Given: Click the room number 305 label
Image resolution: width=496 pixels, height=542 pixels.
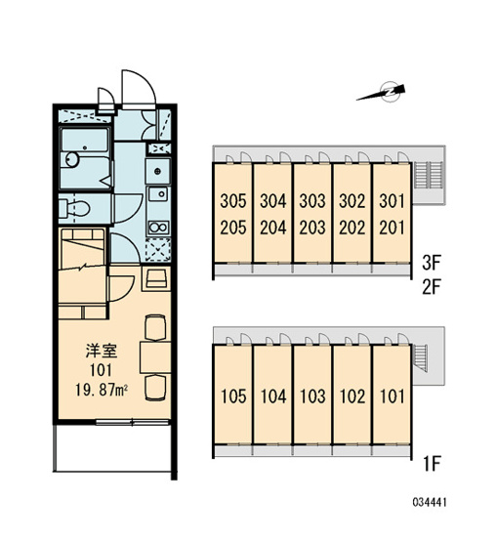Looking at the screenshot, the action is (x=233, y=201).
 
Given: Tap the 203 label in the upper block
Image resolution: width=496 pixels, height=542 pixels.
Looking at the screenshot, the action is (x=312, y=228).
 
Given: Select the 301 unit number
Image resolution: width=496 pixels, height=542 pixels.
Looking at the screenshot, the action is (x=392, y=201).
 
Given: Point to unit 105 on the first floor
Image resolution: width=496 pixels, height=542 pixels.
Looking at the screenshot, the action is (x=233, y=396).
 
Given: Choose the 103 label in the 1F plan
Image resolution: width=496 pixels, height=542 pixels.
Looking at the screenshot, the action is (x=312, y=396).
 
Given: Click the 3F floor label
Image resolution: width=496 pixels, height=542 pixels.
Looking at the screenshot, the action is (x=432, y=263).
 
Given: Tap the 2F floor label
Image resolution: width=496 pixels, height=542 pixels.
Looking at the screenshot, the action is (x=432, y=287).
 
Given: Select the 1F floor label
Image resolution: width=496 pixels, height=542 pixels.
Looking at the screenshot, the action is (x=433, y=464).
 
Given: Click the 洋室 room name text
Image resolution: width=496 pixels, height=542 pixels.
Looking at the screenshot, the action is (x=102, y=351).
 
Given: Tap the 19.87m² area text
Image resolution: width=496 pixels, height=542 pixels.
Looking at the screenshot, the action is (x=102, y=391).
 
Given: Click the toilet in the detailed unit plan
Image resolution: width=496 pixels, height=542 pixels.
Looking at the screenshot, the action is (x=74, y=208).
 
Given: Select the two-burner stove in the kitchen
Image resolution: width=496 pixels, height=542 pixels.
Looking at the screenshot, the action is (x=158, y=228).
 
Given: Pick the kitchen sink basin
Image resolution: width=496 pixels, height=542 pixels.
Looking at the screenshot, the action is (x=158, y=194).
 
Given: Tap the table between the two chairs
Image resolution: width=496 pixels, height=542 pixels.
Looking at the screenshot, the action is (x=155, y=357).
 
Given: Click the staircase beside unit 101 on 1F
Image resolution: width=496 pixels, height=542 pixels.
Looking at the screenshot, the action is (x=420, y=358).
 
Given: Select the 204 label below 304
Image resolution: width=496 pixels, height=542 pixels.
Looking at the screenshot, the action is (x=273, y=228).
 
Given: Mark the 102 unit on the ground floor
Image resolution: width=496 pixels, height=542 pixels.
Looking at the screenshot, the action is (x=352, y=396).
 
